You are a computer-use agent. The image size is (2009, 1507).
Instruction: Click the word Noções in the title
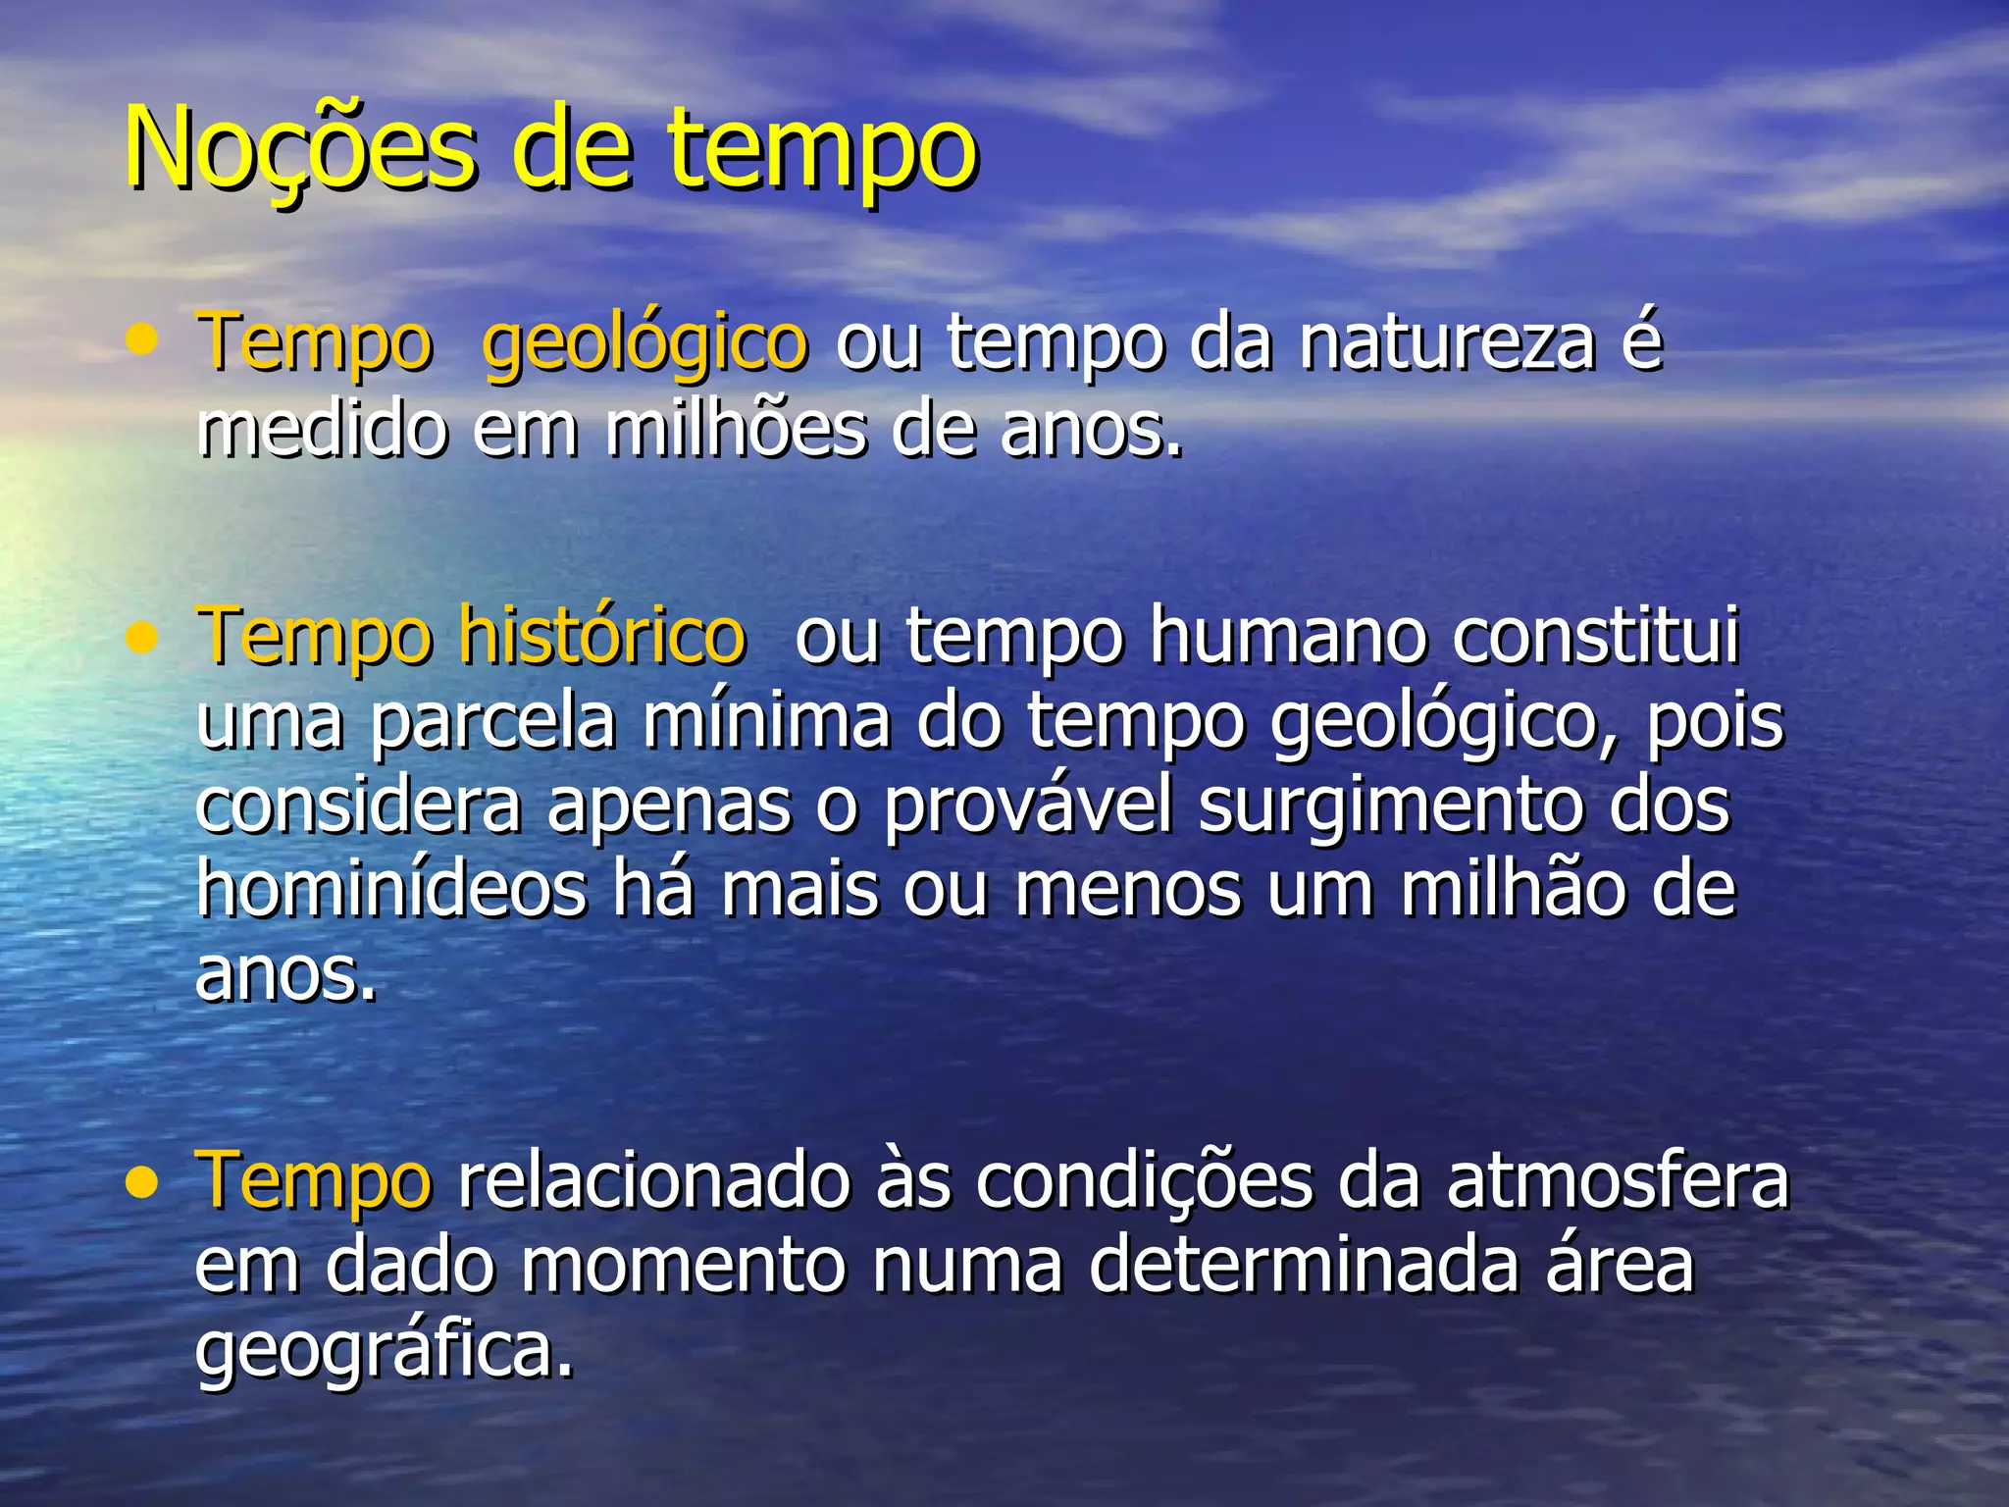299,150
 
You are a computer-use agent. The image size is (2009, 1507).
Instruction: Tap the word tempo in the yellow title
824,152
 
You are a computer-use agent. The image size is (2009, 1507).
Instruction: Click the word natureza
1448,343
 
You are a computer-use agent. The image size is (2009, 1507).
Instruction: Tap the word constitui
1596,636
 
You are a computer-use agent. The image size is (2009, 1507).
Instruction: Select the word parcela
493,722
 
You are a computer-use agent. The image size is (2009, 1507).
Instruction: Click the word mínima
766,722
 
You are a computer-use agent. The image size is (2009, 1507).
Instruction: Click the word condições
1144,1182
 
